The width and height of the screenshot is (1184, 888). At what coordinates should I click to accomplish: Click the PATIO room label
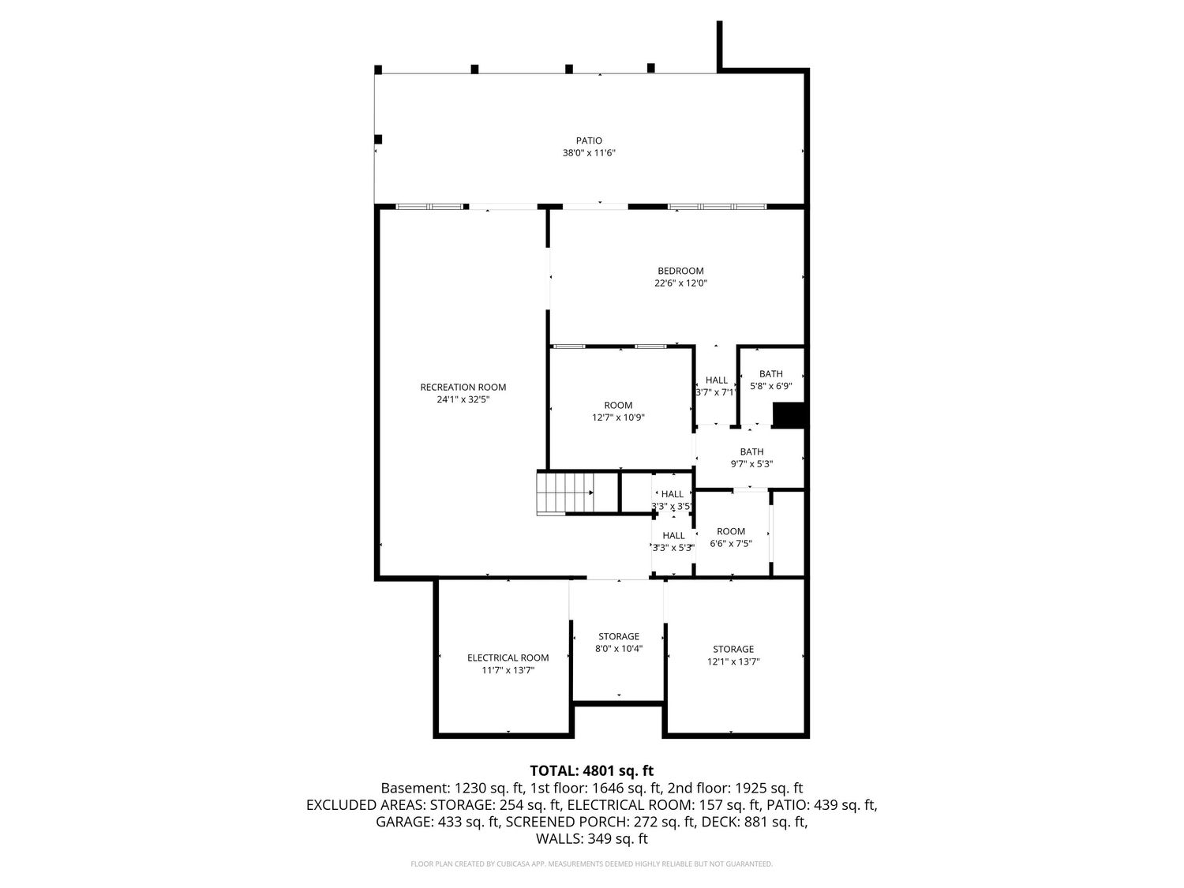tap(589, 141)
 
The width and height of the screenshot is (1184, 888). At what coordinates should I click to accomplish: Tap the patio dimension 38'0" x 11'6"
tap(589, 153)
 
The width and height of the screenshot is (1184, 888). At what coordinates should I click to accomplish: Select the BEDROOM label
tap(680, 271)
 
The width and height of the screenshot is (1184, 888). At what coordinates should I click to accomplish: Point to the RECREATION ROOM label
tap(463, 387)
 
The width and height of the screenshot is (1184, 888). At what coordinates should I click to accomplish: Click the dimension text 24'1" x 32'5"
tap(463, 399)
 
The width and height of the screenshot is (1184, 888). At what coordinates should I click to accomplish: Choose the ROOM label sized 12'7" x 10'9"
tap(618, 405)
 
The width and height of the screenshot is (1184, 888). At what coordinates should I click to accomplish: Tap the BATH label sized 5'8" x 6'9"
tap(771, 373)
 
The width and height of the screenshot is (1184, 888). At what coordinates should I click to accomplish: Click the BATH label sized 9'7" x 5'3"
tap(751, 451)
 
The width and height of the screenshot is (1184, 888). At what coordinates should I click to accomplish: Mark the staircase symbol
tap(564, 493)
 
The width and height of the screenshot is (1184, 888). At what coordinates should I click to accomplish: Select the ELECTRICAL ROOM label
tap(508, 658)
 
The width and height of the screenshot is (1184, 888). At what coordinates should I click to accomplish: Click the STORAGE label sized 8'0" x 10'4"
tap(619, 636)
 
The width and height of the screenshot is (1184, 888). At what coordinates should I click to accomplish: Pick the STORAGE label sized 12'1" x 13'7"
tap(733, 649)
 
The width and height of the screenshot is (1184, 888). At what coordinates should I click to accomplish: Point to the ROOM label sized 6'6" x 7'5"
tap(731, 531)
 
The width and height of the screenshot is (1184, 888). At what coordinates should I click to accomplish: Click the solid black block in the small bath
tap(789, 414)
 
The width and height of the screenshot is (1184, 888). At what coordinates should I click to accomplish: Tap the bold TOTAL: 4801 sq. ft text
tap(592, 770)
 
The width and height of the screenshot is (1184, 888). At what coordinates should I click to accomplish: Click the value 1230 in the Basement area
tap(470, 788)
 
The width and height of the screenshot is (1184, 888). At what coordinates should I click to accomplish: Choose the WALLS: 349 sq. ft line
tap(592, 838)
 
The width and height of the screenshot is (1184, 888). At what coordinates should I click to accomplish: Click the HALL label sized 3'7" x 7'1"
tap(717, 380)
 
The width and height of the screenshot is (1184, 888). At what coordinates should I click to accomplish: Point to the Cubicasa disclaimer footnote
tap(591, 864)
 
